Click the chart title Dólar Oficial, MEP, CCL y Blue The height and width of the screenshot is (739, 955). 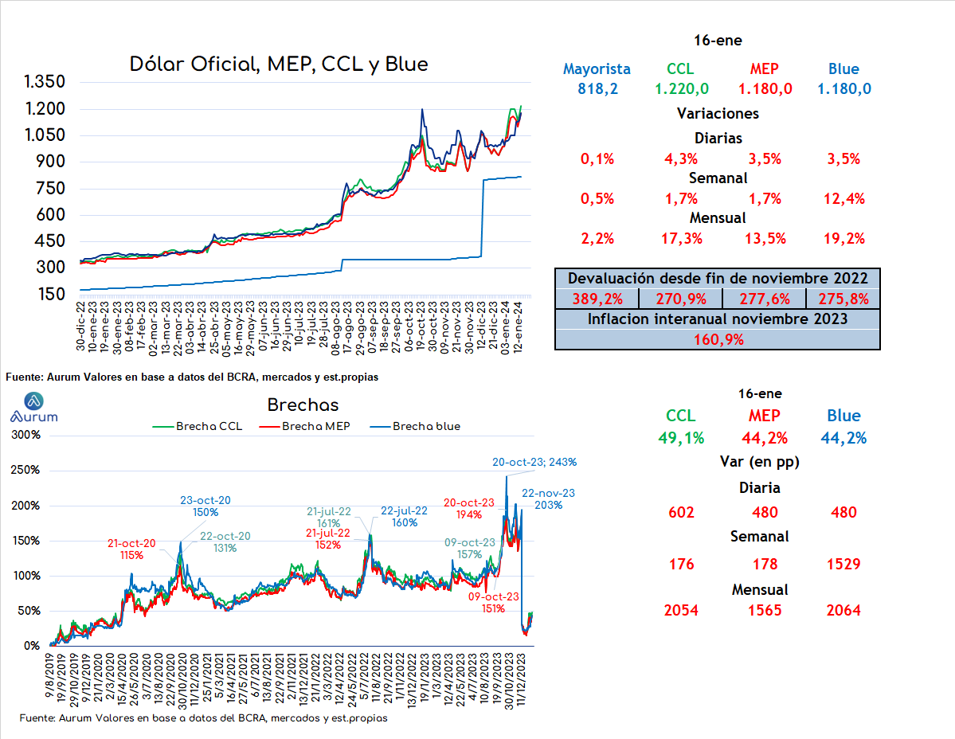[x=278, y=65]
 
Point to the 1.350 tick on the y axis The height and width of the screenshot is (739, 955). [x=45, y=81]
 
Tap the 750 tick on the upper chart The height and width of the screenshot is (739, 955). [x=50, y=188]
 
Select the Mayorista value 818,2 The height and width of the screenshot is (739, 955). [x=597, y=89]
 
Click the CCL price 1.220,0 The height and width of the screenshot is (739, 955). [x=682, y=89]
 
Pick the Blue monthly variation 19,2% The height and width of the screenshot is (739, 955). [x=843, y=239]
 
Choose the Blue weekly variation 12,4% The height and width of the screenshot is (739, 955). [x=843, y=198]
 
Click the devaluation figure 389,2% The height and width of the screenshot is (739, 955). [x=597, y=299]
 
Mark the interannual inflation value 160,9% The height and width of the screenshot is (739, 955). [x=718, y=340]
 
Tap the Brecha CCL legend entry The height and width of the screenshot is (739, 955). [x=198, y=427]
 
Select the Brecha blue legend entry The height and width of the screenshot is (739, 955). [x=415, y=427]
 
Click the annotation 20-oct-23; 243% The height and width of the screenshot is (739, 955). [x=534, y=463]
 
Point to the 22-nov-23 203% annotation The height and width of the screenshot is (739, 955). [x=548, y=499]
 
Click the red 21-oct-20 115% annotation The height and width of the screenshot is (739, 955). [x=131, y=549]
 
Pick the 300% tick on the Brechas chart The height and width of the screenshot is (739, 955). [x=25, y=435]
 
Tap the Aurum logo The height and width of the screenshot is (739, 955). [x=34, y=408]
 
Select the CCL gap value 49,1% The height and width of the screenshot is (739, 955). [x=681, y=438]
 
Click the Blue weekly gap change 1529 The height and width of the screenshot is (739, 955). [x=843, y=565]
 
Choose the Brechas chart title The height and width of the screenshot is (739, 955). [x=303, y=405]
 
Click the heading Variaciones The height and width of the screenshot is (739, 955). [x=718, y=114]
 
